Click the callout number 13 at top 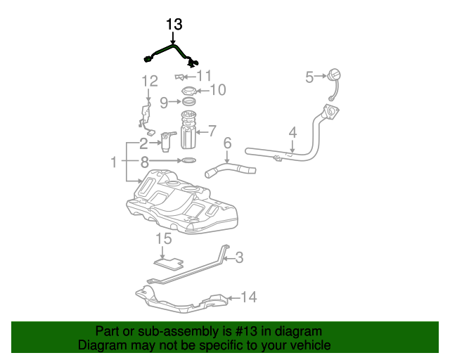click(174, 25)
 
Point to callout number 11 click(204, 76)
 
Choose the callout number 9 click(164, 102)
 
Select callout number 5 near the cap click(309, 77)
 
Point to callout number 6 click(227, 143)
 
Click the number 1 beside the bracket click(114, 162)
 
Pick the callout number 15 click(163, 239)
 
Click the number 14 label click(249, 297)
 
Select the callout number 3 click(239, 258)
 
